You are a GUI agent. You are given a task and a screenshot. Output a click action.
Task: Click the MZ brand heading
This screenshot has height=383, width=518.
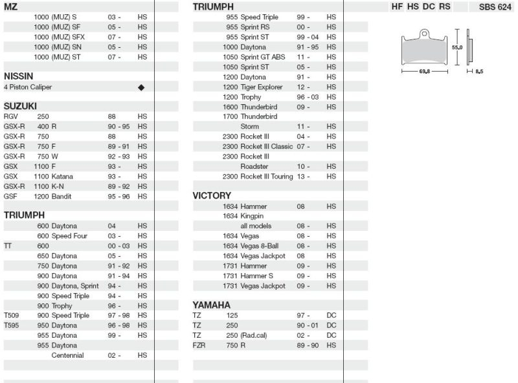coord(11,6)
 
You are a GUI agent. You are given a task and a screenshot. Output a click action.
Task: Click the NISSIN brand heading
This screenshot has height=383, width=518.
coord(18,76)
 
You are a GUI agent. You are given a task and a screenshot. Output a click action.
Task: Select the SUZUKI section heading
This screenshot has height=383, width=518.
coord(20,105)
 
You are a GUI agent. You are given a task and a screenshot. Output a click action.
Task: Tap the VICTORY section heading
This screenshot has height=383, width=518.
coord(212,195)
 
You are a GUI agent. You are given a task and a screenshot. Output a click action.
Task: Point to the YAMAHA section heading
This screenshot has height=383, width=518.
coord(212,305)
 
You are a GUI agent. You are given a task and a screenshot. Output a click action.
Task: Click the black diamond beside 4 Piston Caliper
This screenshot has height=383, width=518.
coord(141,87)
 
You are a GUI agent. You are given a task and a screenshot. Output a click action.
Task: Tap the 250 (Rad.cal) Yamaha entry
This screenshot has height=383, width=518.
coord(247,336)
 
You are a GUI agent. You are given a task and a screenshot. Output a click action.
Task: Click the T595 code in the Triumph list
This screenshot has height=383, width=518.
coord(12,325)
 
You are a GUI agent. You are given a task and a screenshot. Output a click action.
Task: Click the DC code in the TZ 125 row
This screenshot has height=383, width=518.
coord(332,316)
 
